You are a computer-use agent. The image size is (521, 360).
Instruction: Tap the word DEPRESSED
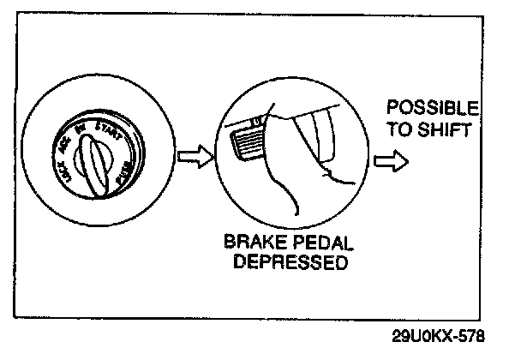pyautogui.click(x=284, y=261)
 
